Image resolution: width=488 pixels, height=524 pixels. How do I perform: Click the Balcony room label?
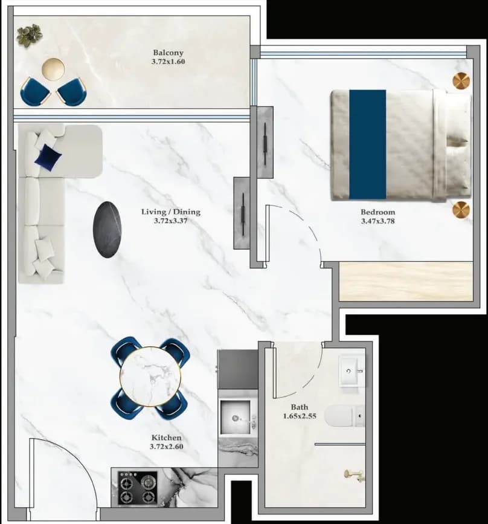169,53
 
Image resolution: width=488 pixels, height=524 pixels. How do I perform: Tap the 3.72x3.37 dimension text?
171,221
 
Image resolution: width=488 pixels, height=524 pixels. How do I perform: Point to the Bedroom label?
377,212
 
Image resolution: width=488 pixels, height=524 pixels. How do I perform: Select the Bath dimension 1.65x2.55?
300,416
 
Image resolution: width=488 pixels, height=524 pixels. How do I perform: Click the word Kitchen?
167,438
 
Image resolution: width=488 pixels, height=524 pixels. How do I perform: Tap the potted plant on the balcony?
30,34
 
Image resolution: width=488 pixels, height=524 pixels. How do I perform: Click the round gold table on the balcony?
53,69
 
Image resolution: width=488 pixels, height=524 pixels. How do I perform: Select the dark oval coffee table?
108,229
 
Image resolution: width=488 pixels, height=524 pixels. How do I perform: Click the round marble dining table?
150,377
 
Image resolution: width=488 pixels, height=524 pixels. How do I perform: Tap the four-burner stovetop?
138,487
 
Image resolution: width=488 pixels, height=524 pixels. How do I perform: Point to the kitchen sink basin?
235,417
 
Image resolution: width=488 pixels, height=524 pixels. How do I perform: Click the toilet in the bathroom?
344,416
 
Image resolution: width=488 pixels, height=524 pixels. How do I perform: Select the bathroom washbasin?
351,370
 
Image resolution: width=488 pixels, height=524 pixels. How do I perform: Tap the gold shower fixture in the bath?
355,475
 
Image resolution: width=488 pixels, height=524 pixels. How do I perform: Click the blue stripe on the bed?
368,144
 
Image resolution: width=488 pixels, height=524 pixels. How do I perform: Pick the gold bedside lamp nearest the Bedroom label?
461,210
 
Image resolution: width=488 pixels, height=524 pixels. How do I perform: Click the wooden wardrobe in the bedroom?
406,282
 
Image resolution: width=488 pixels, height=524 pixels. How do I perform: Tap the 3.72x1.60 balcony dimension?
169,62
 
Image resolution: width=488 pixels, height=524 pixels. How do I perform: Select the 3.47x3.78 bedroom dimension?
377,221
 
